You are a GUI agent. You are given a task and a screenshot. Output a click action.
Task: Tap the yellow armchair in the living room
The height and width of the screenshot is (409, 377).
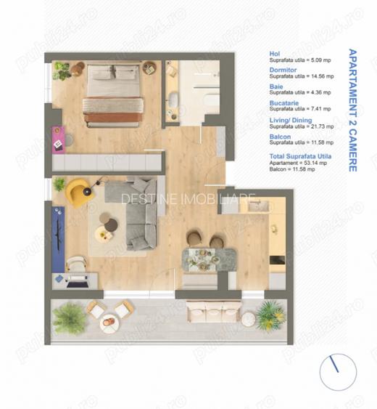click(77, 193)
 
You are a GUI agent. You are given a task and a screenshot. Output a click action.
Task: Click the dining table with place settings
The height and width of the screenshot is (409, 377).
click(209, 259)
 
